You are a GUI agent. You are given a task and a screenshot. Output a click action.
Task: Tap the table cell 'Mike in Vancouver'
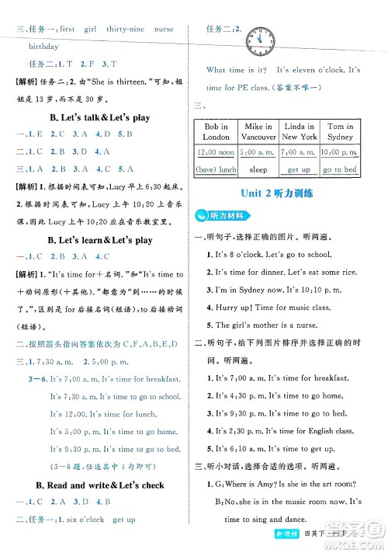(258, 131)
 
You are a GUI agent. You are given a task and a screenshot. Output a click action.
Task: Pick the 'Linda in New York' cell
(299, 131)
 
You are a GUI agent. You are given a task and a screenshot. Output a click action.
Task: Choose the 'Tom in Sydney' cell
(340, 131)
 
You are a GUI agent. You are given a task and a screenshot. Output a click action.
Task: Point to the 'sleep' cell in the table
(258, 169)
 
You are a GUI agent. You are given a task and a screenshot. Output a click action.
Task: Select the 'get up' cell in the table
(299, 169)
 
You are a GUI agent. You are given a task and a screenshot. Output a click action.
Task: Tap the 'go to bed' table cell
(340, 169)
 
